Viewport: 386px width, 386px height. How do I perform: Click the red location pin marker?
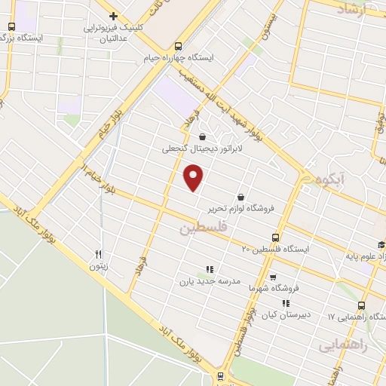(x=194, y=177)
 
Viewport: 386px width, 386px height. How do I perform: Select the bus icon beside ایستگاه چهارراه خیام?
(x=178, y=44)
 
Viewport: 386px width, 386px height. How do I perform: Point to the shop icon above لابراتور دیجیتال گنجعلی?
(x=201, y=136)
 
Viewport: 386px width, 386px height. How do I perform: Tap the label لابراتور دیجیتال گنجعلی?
(x=201, y=149)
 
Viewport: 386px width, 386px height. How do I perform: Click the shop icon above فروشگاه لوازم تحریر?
(x=240, y=195)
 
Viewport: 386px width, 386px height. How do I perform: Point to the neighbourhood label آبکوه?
(x=332, y=180)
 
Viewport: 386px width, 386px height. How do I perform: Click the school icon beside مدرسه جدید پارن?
(x=210, y=268)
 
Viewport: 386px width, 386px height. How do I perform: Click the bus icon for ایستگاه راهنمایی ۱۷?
(x=361, y=305)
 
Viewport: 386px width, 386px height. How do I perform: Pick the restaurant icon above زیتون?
(x=98, y=255)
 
